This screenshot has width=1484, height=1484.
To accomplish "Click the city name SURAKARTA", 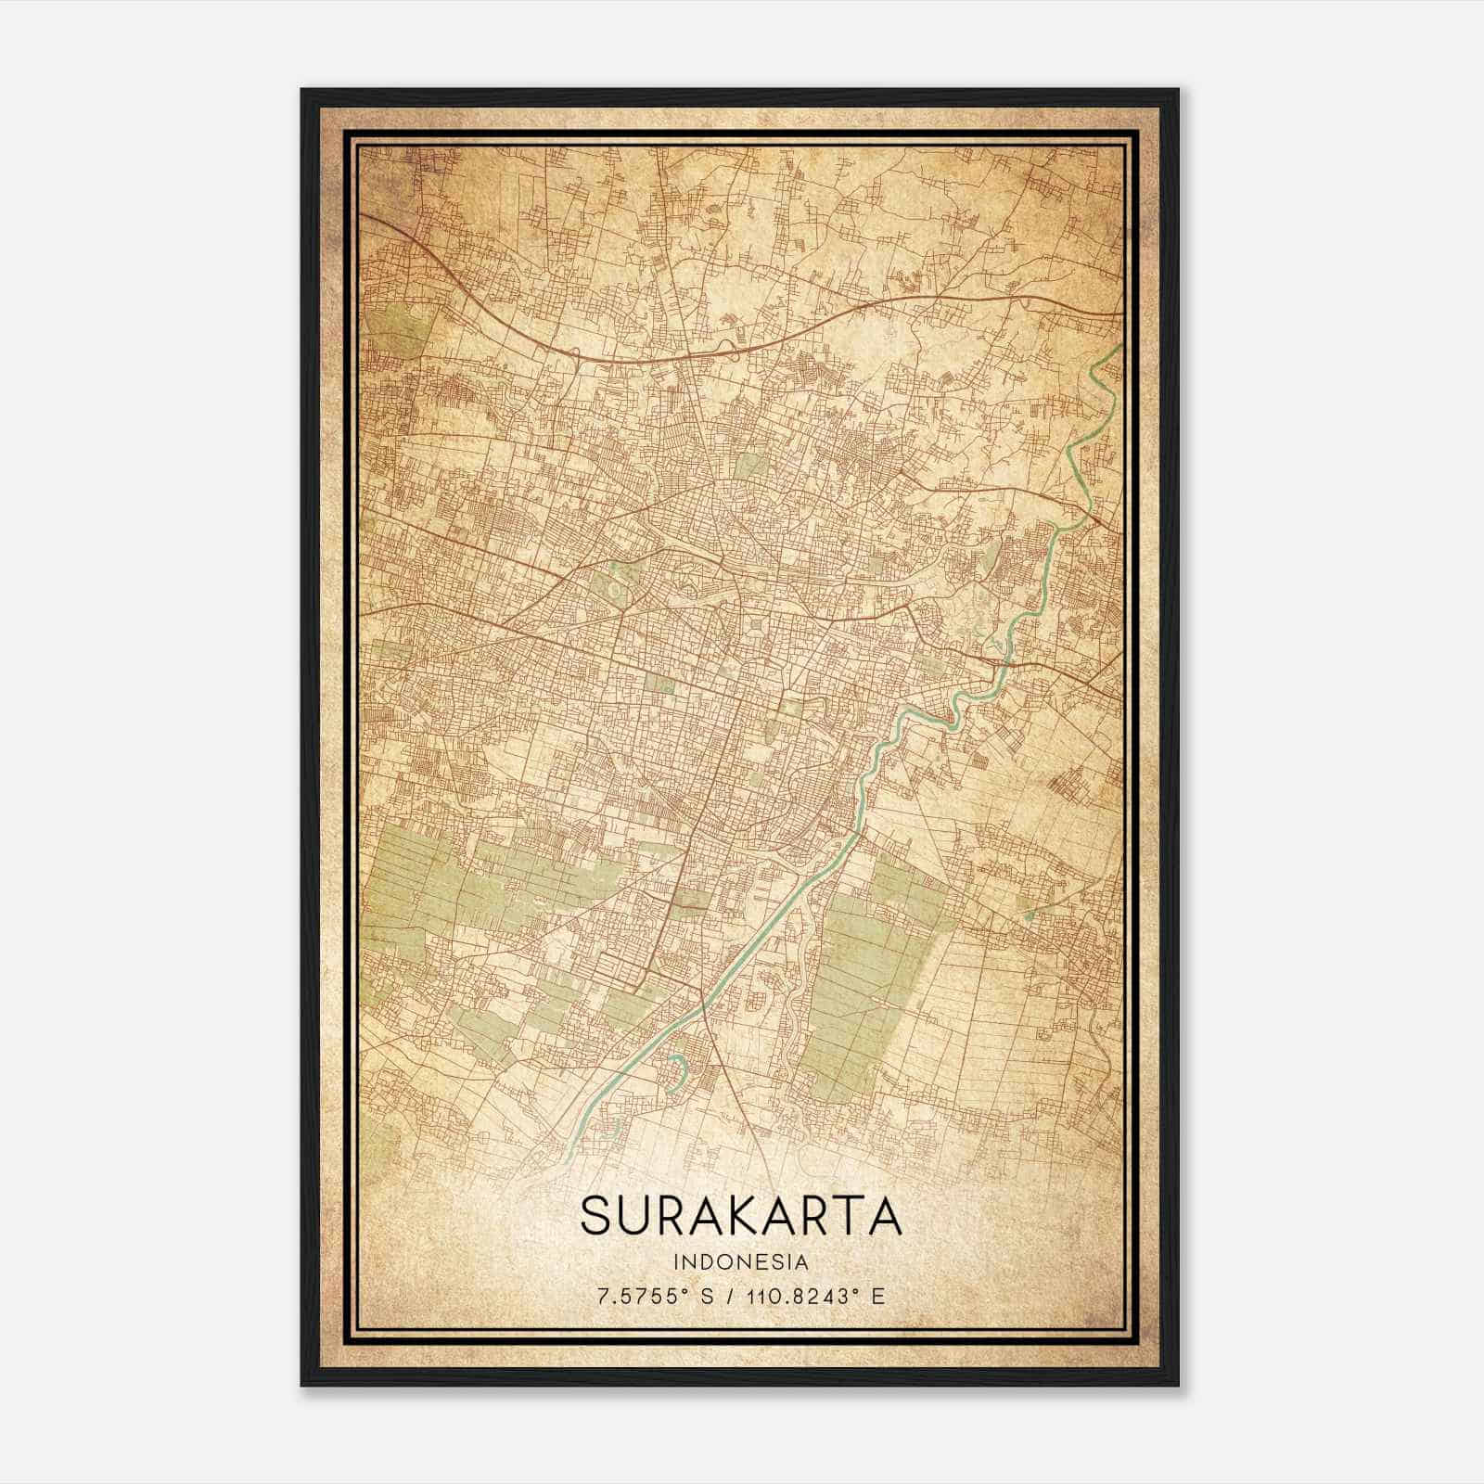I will (x=741, y=1216).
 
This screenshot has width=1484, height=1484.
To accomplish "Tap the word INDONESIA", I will (x=741, y=1262).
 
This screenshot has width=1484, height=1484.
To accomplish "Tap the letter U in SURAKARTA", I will (x=647, y=1216).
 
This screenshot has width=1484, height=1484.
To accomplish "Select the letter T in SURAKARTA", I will (x=841, y=1216).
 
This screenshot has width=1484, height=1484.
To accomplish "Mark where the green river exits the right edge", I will (x=1119, y=346).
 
